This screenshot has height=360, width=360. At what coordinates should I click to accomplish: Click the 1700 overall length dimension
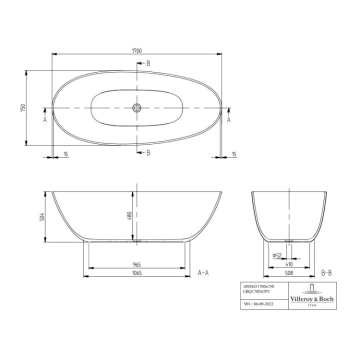point(138,50)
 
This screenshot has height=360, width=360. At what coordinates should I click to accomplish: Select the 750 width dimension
point(22,108)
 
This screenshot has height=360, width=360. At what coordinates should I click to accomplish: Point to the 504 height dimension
point(42,216)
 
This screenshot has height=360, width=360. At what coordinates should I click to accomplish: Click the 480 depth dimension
point(129,216)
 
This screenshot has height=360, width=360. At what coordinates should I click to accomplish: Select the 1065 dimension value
point(137,272)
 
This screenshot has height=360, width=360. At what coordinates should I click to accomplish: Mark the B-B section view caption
point(326,272)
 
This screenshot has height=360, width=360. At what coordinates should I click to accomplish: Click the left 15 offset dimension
point(66,154)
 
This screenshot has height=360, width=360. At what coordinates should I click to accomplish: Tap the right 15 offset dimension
point(234,154)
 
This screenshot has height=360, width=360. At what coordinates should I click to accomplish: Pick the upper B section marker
point(147,63)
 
